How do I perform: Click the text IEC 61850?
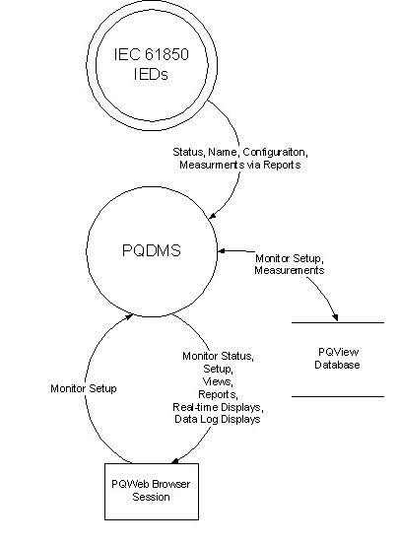151,54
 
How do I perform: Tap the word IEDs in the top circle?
151,74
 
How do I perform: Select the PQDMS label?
152,250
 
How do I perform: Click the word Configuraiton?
275,153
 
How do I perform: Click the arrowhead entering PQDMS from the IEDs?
213,216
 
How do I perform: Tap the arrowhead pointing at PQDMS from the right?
222,250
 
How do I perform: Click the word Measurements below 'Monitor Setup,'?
290,270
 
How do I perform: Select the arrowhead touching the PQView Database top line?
335,317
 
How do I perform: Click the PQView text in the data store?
339,352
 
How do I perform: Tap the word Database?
337,365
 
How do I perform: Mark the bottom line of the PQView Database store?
338,396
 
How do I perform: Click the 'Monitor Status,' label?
218,356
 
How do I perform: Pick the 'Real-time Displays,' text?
218,407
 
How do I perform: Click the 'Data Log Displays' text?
218,419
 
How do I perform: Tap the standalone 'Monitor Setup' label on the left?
84,388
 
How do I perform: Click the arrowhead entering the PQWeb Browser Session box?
175,460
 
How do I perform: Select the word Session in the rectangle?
151,497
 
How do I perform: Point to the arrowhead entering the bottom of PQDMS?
129,316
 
